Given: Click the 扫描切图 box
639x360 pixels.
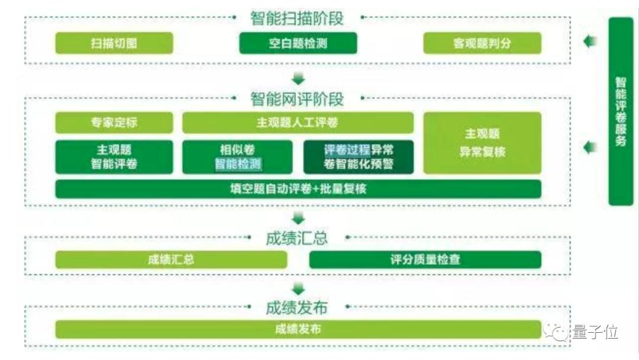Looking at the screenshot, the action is [x=114, y=43].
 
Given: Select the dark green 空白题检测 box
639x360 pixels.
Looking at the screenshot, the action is [x=298, y=43].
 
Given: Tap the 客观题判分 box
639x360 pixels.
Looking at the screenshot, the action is [x=483, y=43].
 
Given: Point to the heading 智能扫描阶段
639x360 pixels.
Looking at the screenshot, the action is [x=297, y=18].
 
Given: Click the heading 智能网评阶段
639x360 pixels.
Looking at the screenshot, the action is [x=297, y=99].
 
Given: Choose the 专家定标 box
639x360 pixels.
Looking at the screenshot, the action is [x=114, y=123].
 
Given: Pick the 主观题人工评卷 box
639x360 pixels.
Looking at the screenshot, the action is [x=298, y=123].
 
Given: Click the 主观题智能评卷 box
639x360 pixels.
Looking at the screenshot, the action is [x=114, y=157].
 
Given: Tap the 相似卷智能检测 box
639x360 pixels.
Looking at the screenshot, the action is [x=237, y=157].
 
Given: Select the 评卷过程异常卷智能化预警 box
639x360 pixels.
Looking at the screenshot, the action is [x=359, y=157].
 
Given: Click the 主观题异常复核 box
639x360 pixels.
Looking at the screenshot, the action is [x=483, y=143].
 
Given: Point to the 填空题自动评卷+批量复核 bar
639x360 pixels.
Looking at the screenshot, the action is [x=298, y=189].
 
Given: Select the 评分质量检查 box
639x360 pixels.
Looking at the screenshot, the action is [x=425, y=260].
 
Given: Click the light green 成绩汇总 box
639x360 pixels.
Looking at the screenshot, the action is [x=171, y=260].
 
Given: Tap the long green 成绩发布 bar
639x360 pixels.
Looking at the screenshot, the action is [x=298, y=329].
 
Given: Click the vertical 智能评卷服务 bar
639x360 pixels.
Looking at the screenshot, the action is [x=621, y=111].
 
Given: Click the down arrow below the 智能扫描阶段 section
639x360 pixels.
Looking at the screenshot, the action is [x=298, y=79].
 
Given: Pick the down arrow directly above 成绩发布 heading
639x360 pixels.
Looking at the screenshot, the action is [x=298, y=289].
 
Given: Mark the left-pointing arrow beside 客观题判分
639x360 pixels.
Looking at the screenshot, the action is [x=590, y=41].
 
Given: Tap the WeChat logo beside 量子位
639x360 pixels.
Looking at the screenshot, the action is [x=556, y=331].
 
